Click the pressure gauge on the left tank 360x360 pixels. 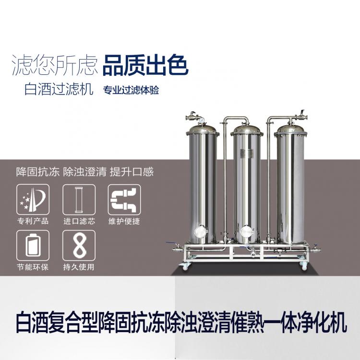[x=202, y=120]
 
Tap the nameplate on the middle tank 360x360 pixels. [x=246, y=153]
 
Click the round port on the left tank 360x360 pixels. [x=200, y=232]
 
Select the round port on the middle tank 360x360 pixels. [x=247, y=233]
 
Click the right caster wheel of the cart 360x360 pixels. [x=304, y=266]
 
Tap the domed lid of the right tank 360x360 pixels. [x=291, y=129]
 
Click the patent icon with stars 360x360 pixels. [x=33, y=200]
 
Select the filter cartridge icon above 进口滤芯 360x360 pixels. [x=79, y=200]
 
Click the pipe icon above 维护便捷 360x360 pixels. [x=124, y=200]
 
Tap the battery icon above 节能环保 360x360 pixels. [x=33, y=245]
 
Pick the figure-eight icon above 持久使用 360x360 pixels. [x=79, y=245]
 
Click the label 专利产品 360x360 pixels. [x=33, y=221]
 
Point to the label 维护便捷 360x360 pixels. [x=124, y=221]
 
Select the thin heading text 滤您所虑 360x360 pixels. [x=55, y=65]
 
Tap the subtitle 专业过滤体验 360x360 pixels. [x=131, y=90]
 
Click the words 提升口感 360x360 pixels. [x=132, y=172]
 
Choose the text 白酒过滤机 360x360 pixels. [x=59, y=89]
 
